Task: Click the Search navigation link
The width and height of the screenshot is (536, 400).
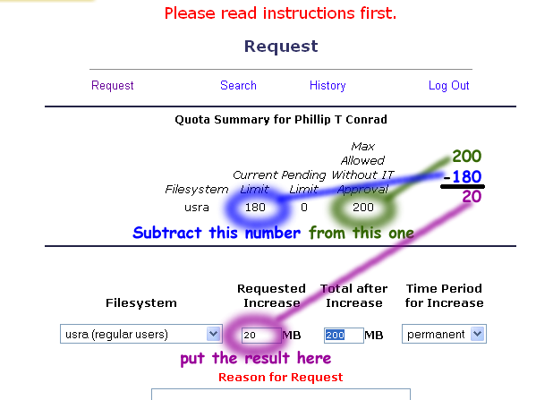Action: coord(238,86)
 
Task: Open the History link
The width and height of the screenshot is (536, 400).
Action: coord(328,86)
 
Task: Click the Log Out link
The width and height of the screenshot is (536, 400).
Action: coord(449,86)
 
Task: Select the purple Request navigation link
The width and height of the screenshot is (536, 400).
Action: coord(113,86)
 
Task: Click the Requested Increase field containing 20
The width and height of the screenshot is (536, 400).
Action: coord(261,335)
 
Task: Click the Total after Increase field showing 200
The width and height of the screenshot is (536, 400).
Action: coord(344,335)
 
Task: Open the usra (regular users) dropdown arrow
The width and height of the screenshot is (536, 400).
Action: coord(213,334)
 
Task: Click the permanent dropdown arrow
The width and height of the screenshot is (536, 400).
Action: coord(478,334)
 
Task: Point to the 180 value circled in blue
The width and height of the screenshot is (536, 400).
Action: coord(255,208)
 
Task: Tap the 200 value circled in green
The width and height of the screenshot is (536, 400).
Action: coord(363,208)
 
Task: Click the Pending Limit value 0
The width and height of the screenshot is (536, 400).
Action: coord(304,208)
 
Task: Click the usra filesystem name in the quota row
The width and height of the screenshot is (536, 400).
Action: coord(197,208)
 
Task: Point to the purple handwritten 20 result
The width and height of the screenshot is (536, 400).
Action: coord(472,197)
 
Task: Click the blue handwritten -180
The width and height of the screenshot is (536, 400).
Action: coord(463,177)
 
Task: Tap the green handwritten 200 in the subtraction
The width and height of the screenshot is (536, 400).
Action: coord(466,157)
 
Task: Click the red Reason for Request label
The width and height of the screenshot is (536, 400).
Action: coord(281,377)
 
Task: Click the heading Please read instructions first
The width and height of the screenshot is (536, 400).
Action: coord(280,13)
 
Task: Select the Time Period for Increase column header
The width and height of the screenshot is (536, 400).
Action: coord(444,295)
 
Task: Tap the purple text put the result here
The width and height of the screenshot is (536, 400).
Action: coord(256,359)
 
